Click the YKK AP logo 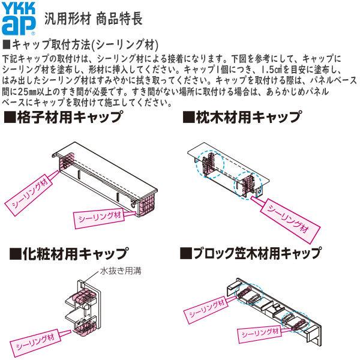pos(19,17)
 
